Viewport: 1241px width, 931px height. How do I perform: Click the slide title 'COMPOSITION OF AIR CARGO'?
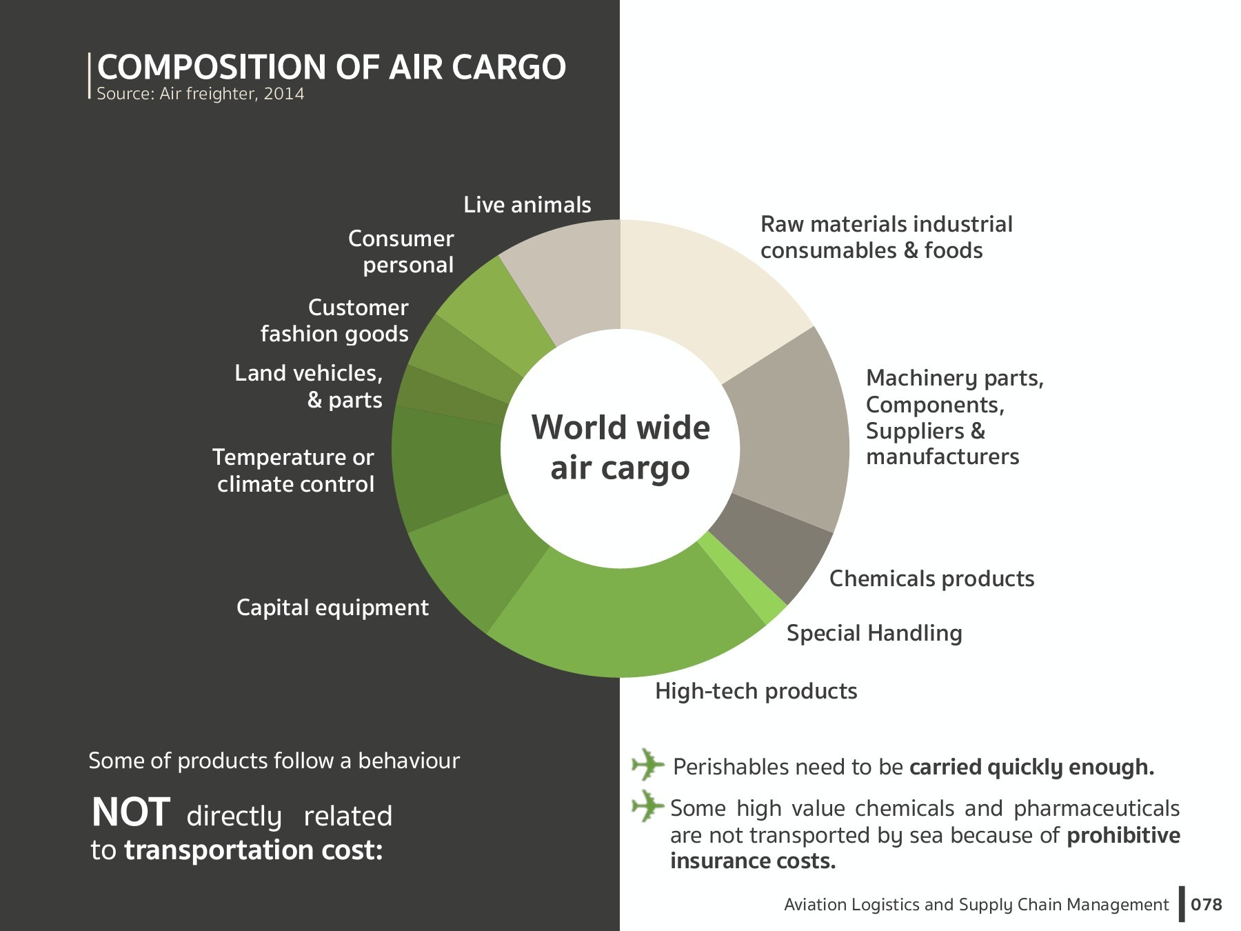point(331,67)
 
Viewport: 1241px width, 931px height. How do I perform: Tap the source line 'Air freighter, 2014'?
point(200,94)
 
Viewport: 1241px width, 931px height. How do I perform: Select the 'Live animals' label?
point(527,205)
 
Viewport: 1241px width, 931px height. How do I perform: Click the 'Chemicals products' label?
point(931,579)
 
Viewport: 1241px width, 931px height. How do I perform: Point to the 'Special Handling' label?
point(874,633)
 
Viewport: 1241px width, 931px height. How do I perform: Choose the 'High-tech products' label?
point(756,691)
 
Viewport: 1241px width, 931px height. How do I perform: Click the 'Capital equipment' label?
point(332,608)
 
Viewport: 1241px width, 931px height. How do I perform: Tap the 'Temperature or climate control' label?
point(294,470)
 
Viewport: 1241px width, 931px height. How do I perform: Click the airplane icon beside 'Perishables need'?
point(647,764)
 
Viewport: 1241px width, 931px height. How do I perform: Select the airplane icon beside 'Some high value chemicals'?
point(647,805)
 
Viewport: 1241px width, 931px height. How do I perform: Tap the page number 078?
point(1206,905)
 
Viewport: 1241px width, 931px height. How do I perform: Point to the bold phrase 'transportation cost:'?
point(253,850)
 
